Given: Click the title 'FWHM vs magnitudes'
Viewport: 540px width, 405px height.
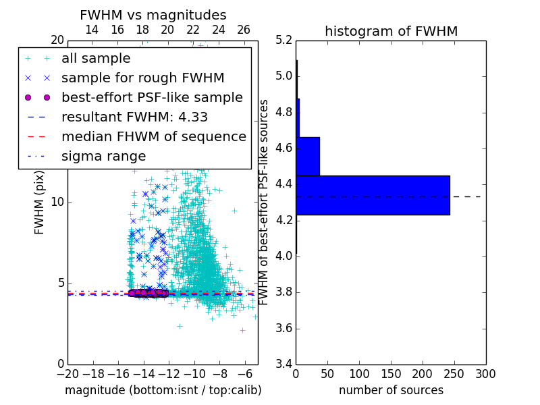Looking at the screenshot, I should click(153, 15).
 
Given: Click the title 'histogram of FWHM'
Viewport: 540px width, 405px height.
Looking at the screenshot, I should click(391, 31).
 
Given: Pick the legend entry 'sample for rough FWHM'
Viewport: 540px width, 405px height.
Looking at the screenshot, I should click(142, 78).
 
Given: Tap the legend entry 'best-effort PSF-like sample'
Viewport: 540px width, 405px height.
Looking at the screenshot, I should click(152, 97).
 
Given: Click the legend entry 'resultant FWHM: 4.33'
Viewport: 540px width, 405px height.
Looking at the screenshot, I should click(134, 117).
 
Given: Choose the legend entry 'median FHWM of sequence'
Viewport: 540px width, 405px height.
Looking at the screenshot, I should click(153, 136).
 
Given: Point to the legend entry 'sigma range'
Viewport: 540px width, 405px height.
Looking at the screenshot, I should click(103, 156).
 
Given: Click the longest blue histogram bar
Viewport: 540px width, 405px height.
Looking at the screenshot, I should click(373, 195).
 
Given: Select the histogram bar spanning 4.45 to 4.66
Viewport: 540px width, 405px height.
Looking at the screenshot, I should click(308, 156).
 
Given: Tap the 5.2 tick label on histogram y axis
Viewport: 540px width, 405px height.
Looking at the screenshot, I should click(284, 40).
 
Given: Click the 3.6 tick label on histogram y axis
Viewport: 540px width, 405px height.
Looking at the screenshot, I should click(284, 329).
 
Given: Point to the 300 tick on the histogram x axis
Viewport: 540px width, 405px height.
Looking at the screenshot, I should click(485, 374).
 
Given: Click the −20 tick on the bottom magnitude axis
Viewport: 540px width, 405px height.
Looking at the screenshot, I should click(67, 374).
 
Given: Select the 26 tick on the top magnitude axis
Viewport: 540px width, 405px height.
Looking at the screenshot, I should click(244, 30).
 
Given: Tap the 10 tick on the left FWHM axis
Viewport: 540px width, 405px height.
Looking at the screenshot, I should click(57, 202).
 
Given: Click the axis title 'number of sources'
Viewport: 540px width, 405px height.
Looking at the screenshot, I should click(391, 390).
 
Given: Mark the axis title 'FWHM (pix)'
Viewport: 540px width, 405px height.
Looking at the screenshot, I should click(40, 203).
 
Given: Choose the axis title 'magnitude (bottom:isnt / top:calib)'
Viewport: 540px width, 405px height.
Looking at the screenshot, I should click(163, 390).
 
